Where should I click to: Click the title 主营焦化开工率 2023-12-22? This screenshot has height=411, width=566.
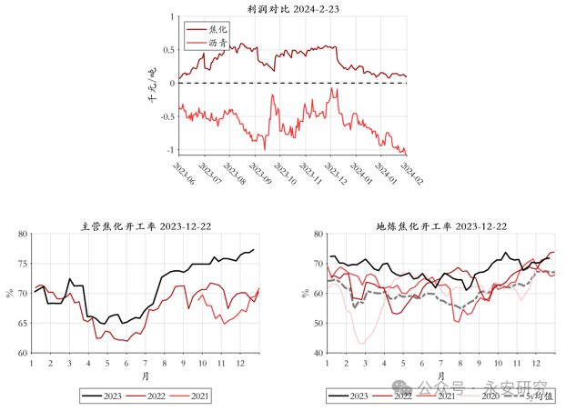tap(145, 226)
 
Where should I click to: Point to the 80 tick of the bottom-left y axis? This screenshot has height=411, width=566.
tap(22, 234)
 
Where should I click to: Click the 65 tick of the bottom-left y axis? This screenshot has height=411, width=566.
tap(22, 323)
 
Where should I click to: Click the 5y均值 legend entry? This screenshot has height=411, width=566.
tap(540, 396)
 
